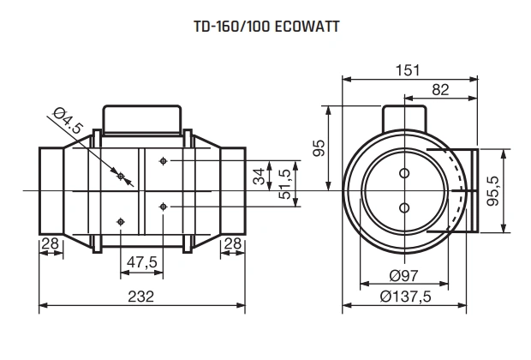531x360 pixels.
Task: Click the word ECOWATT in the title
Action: pyautogui.click(x=306, y=27)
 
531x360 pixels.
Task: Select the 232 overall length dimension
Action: pyautogui.click(x=142, y=296)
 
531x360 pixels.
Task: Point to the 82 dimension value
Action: pyautogui.click(x=440, y=89)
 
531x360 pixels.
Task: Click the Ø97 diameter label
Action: pyautogui.click(x=403, y=275)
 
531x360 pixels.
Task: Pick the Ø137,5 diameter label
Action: pyautogui.click(x=404, y=296)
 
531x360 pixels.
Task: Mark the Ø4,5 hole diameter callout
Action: pyautogui.click(x=68, y=123)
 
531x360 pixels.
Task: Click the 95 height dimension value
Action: pyautogui.click(x=319, y=147)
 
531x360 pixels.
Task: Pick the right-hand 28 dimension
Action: pyautogui.click(x=232, y=244)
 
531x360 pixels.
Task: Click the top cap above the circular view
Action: pyautogui.click(x=403, y=116)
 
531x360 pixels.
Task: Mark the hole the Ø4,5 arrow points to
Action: pyautogui.click(x=122, y=177)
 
